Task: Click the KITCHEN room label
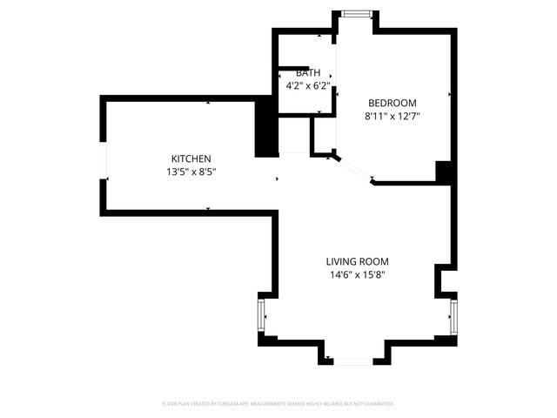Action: click(191, 158)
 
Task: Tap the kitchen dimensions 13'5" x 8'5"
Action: click(191, 172)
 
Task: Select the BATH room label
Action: click(308, 73)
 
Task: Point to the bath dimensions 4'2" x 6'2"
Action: click(308, 86)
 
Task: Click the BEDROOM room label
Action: click(392, 102)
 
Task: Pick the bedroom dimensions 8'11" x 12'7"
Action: click(392, 116)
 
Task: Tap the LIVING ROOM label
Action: click(357, 261)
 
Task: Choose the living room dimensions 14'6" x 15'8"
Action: click(357, 275)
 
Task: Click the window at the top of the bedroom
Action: click(355, 13)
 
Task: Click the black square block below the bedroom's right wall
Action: click(445, 172)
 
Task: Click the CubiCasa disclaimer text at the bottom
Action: click(278, 404)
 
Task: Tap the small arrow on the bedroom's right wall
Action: click(449, 94)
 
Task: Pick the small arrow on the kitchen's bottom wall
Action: click(208, 209)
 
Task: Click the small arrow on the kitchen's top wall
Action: click(208, 103)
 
